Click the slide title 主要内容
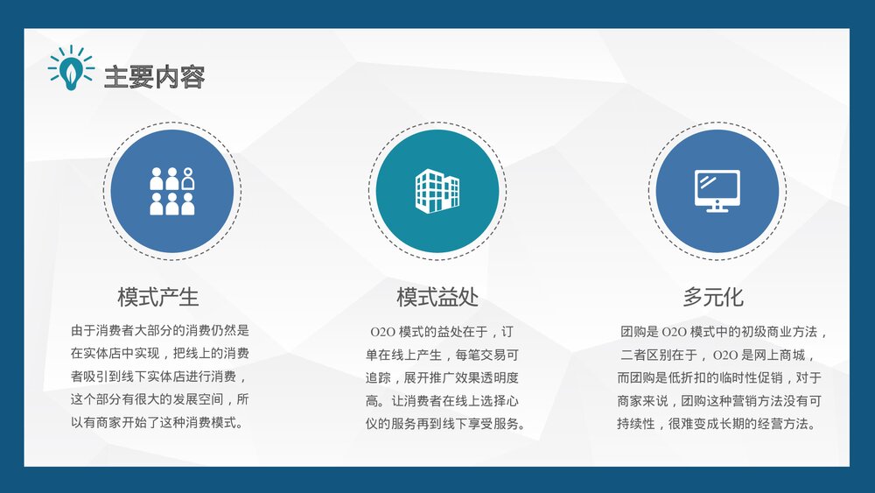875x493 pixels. (154, 77)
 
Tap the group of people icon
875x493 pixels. (171, 191)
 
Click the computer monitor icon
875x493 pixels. (717, 190)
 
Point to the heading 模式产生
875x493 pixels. (158, 296)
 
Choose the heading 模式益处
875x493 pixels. (437, 296)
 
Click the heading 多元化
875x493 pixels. (713, 296)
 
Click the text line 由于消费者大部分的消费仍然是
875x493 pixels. (160, 331)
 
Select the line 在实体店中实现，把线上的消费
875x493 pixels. (160, 354)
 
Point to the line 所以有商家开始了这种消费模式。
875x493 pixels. (156, 422)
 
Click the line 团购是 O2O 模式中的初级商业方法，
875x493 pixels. (723, 332)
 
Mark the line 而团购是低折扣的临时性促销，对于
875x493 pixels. (719, 377)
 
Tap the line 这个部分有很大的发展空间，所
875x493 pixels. (160, 399)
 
